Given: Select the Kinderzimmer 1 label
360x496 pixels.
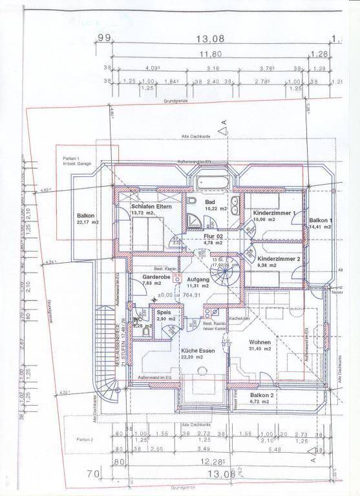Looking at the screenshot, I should [273, 212].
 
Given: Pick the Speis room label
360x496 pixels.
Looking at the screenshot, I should [164, 313].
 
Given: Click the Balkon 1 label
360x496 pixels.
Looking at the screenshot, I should [320, 220].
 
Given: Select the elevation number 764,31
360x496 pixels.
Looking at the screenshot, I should [193, 295].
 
